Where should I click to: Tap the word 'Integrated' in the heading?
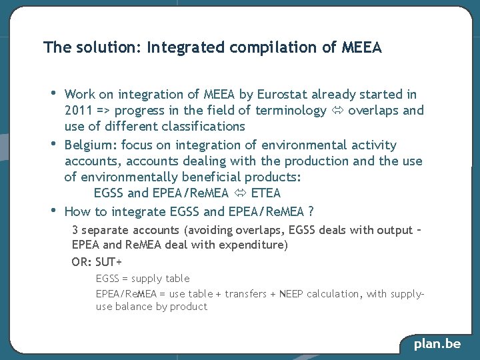[185, 47]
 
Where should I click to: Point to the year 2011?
[79, 111]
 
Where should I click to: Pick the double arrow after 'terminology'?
[337, 111]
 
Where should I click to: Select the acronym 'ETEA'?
[266, 193]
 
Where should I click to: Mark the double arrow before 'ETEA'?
[239, 193]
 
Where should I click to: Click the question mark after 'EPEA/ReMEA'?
[311, 212]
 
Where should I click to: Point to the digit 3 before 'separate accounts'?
[75, 230]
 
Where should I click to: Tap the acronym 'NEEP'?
[291, 294]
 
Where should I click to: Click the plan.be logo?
[437, 344]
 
